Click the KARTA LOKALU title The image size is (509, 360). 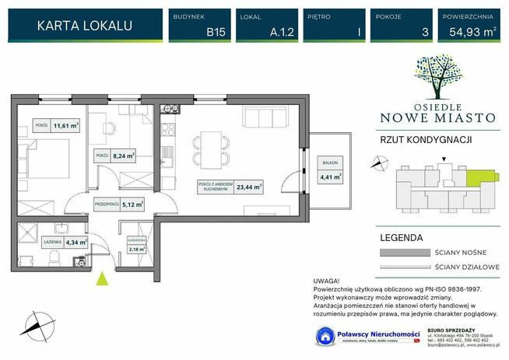coord(85,26)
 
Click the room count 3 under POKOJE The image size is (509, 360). coord(402,32)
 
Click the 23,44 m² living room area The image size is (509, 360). coord(249,187)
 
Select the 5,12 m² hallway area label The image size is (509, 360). coord(127,204)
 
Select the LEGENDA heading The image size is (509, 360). coord(402,237)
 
